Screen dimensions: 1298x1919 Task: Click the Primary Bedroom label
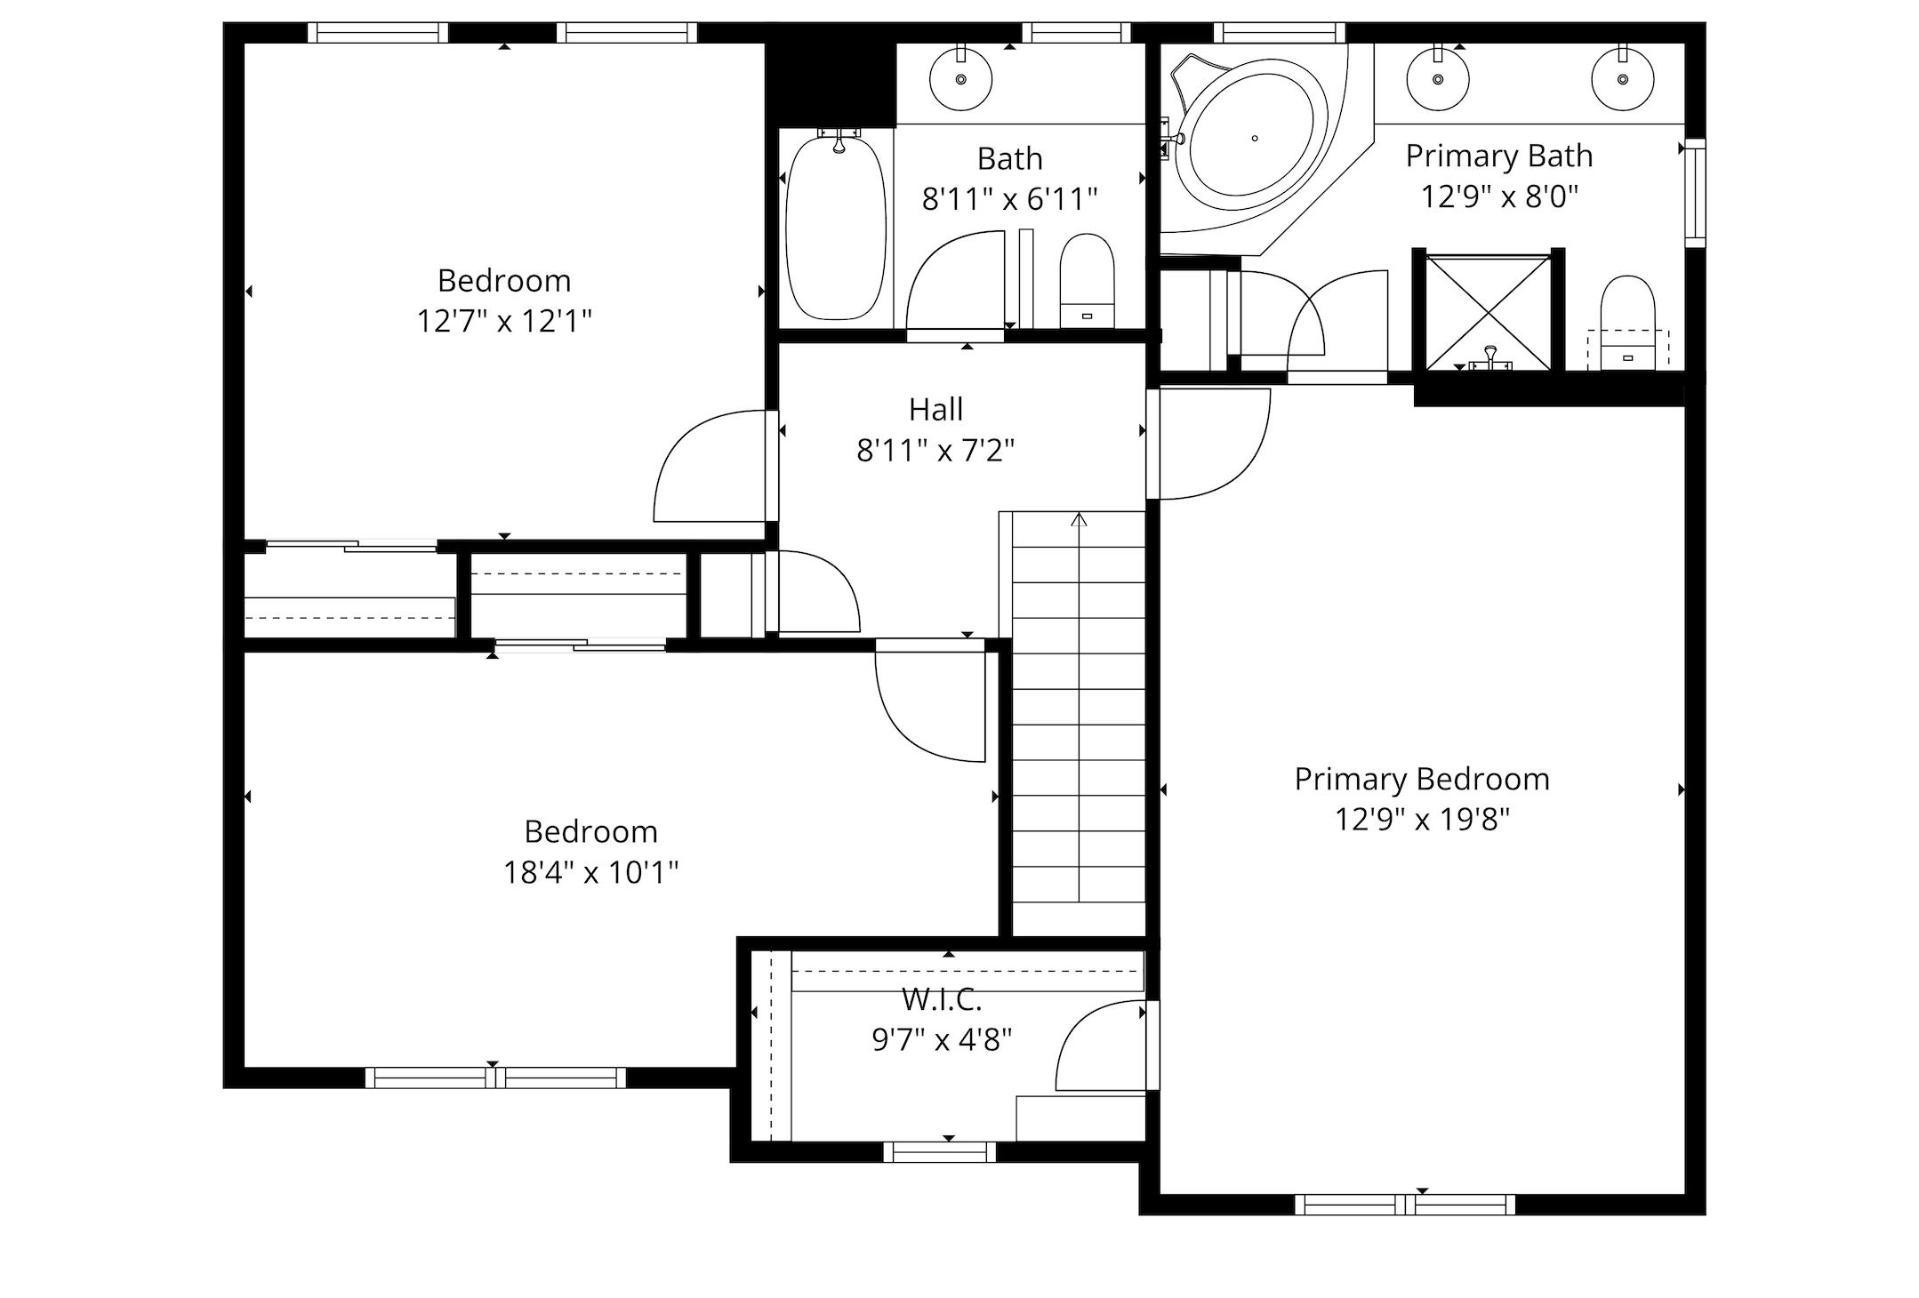tap(1421, 780)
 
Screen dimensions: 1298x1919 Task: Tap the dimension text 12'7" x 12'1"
tap(504, 321)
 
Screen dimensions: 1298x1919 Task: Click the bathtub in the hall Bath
tap(836, 227)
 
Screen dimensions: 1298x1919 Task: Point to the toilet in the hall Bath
tap(1087, 279)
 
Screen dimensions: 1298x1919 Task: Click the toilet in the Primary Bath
tap(1627, 322)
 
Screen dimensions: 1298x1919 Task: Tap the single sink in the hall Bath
tap(960, 79)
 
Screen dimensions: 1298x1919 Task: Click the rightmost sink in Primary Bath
tap(1622, 79)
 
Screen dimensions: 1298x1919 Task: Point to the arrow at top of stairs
tap(1079, 519)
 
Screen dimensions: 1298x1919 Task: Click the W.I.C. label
tap(941, 999)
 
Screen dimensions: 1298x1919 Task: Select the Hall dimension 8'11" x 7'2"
tap(935, 451)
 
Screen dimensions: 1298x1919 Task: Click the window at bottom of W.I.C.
tap(940, 1152)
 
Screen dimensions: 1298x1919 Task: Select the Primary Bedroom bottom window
tap(1405, 1205)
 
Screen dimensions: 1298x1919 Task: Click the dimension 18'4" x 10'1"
tap(590, 873)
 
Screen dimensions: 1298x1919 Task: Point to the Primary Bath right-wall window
tap(1696, 192)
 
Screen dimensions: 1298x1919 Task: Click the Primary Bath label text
tap(1498, 156)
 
